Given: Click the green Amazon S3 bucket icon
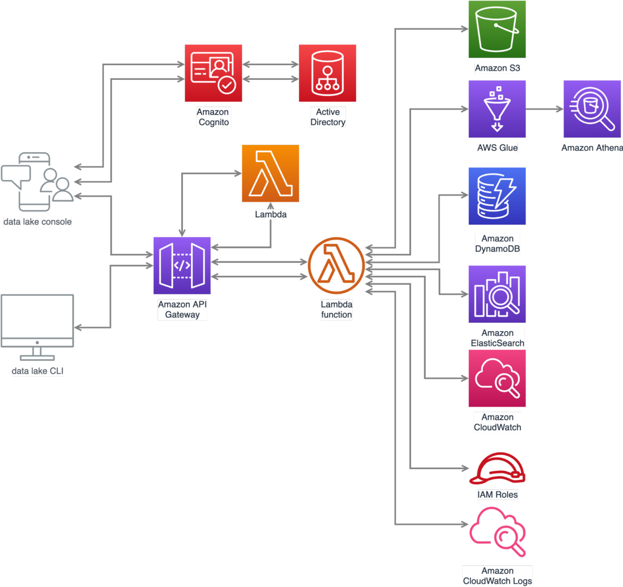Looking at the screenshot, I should [497, 30].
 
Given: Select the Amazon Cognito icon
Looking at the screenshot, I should [213, 74].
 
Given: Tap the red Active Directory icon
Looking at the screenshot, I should [328, 74].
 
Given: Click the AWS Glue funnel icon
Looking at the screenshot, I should [497, 109].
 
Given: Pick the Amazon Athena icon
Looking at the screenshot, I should [592, 109].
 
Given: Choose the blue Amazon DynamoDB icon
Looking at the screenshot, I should [497, 196].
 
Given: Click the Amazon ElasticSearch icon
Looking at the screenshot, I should [497, 294].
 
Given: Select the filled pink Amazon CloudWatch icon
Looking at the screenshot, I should [497, 379].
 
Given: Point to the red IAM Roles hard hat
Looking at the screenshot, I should [497, 469].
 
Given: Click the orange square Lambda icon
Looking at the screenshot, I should [270, 173].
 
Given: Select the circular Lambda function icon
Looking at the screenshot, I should [336, 265].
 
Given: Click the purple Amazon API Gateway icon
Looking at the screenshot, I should [182, 265].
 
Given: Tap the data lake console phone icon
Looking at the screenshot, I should [37, 182].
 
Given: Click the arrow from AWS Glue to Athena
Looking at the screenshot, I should [544, 109].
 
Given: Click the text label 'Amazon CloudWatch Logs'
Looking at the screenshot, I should [497, 576].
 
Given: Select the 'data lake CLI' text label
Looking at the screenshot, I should [37, 371].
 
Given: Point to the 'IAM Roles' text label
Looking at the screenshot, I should [497, 495].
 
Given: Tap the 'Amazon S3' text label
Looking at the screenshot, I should [497, 68].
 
